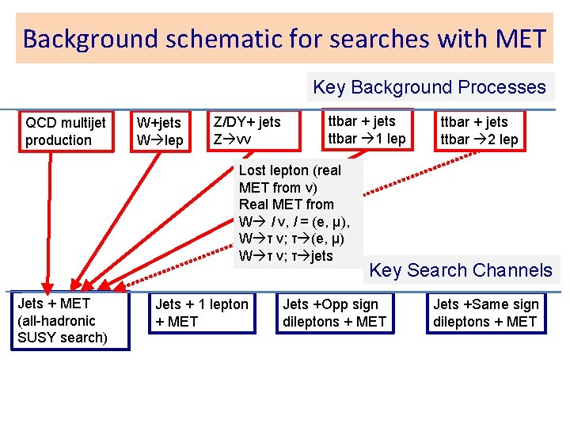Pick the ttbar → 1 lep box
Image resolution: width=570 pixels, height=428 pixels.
coord(367,130)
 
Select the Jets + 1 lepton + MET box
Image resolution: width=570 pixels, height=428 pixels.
coord(202,313)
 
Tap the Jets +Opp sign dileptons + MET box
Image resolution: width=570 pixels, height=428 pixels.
coord(334,313)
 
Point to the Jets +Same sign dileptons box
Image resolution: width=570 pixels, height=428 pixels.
coord(486,313)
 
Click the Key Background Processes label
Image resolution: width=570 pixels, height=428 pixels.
coord(429,87)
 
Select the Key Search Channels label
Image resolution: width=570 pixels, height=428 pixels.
coord(461,270)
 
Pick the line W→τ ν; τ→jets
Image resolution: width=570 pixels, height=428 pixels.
coord(286,256)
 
